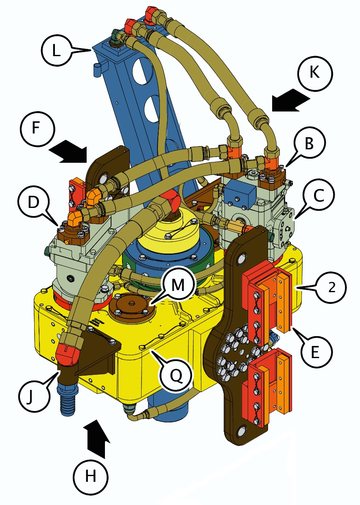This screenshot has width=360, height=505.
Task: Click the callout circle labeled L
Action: click(57, 50)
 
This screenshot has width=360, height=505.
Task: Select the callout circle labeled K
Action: click(315, 74)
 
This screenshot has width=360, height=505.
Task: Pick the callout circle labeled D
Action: click(33, 201)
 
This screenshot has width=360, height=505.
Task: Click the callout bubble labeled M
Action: click(178, 284)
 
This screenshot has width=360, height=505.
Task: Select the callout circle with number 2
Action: click(330, 287)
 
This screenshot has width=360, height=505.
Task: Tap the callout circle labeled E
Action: click(315, 352)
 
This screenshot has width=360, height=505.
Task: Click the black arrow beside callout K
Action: click(291, 100)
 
